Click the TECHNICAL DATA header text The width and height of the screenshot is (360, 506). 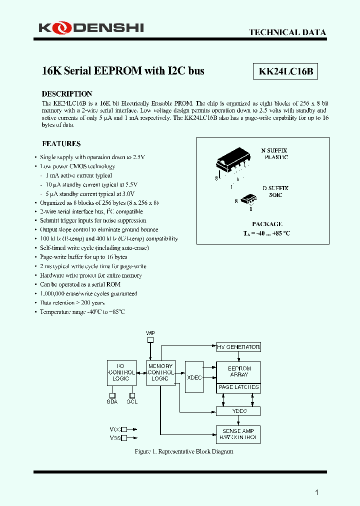pyautogui.click(x=287, y=32)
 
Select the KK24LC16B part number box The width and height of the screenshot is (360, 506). pyautogui.click(x=286, y=71)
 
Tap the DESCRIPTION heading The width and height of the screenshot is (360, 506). pyautogui.click(x=67, y=94)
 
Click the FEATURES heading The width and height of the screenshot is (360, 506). pyautogui.click(x=61, y=144)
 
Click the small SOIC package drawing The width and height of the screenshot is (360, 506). pyautogui.click(x=248, y=199)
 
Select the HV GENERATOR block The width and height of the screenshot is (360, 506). pyautogui.click(x=238, y=347)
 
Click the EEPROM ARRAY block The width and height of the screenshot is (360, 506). pyautogui.click(x=238, y=371)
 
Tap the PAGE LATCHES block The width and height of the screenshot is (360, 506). pyautogui.click(x=238, y=387)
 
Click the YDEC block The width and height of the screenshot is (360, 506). pyautogui.click(x=238, y=411)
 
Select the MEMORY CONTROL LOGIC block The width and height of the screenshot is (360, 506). pyautogui.click(x=160, y=372)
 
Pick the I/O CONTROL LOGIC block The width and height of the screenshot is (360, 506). pyautogui.click(x=121, y=372)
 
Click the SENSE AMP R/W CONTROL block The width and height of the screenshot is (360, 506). pyautogui.click(x=238, y=434)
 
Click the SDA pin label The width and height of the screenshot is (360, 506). pyautogui.click(x=112, y=401)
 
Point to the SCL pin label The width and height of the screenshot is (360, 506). pyautogui.click(x=132, y=401)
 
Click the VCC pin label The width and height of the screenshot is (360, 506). pyautogui.click(x=115, y=429)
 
